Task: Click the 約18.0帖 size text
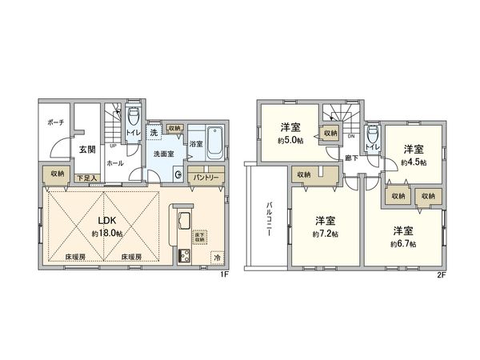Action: tap(106, 234)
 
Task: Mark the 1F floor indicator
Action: tap(226, 274)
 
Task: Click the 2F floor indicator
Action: tap(441, 274)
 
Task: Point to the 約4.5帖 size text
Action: tap(413, 162)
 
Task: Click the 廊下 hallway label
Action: tap(353, 158)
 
